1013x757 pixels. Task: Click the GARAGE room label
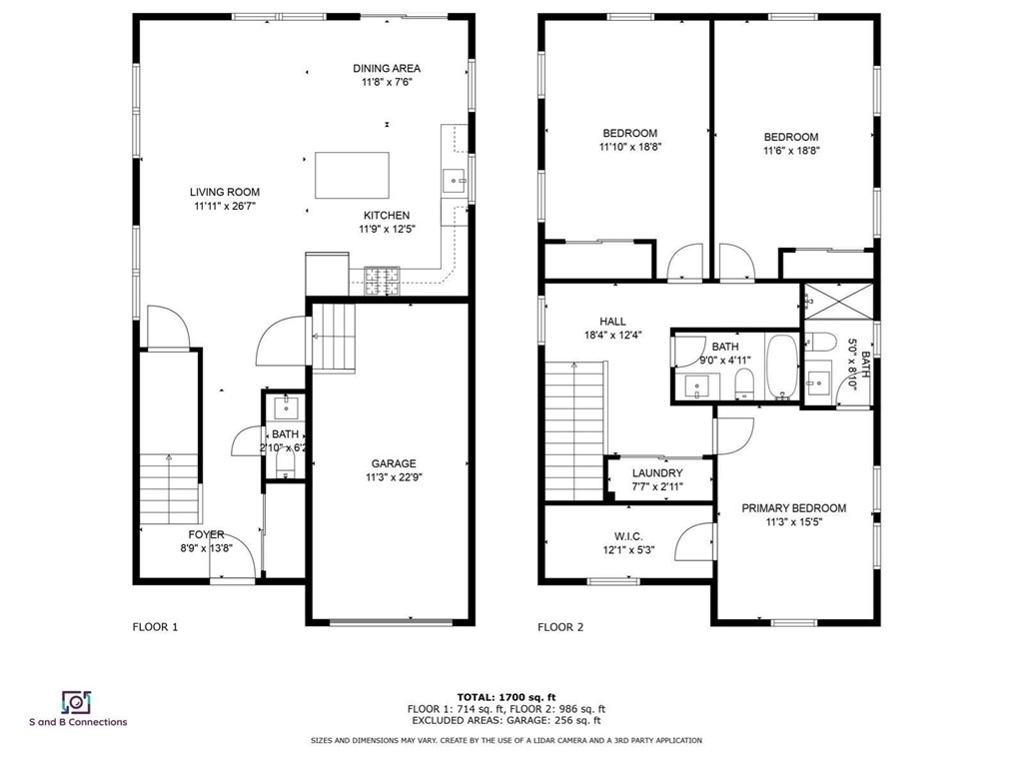394,463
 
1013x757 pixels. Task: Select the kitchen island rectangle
353,176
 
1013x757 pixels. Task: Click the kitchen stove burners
381,281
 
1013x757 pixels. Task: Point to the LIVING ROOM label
225,193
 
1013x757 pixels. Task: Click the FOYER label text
202,534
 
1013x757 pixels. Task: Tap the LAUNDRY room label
657,473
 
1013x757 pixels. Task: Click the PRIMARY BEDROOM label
793,508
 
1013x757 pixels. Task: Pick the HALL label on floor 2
612,321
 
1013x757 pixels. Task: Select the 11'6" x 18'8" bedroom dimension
790,151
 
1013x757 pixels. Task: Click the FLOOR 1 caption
155,627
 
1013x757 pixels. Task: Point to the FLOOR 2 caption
560,627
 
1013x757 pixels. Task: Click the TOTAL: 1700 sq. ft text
506,696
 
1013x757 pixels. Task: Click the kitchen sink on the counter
454,181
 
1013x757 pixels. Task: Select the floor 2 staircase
575,429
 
